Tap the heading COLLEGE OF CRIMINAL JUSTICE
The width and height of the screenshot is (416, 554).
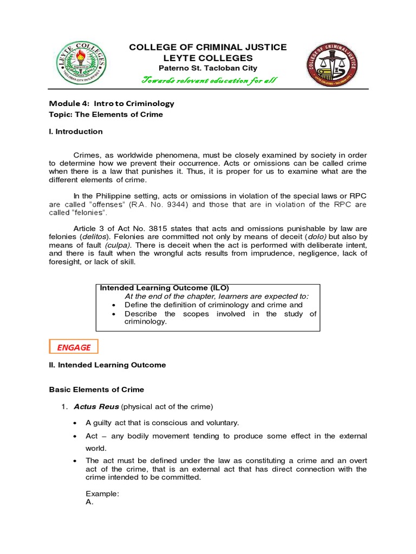[208, 48]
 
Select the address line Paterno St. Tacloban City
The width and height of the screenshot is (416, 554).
[208, 68]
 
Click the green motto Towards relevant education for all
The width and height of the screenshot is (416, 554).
[209, 81]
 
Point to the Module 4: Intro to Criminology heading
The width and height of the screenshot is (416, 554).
[112, 103]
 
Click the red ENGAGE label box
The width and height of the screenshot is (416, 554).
[74, 347]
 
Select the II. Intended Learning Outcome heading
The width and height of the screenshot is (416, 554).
[107, 365]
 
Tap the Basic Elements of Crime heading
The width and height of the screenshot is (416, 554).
[96, 390]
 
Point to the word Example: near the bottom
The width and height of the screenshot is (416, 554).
[102, 494]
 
